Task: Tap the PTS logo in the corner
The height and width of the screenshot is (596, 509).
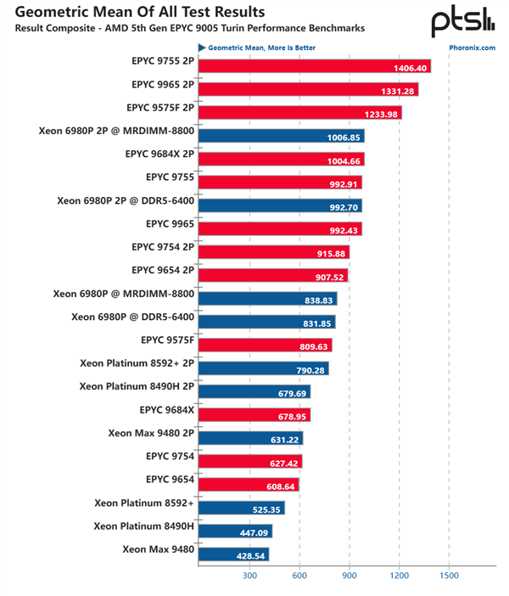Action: (x=463, y=20)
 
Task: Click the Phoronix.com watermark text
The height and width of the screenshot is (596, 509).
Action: (x=472, y=48)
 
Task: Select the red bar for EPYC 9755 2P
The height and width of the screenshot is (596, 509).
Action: (x=314, y=67)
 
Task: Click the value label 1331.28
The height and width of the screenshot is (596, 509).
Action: (x=399, y=90)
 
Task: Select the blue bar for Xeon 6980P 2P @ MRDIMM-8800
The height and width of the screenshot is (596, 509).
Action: (x=280, y=136)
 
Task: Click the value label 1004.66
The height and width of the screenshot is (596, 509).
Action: (x=344, y=160)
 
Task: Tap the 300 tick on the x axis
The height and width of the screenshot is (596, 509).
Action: (x=249, y=575)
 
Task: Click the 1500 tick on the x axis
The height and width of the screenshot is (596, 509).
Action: (x=449, y=575)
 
